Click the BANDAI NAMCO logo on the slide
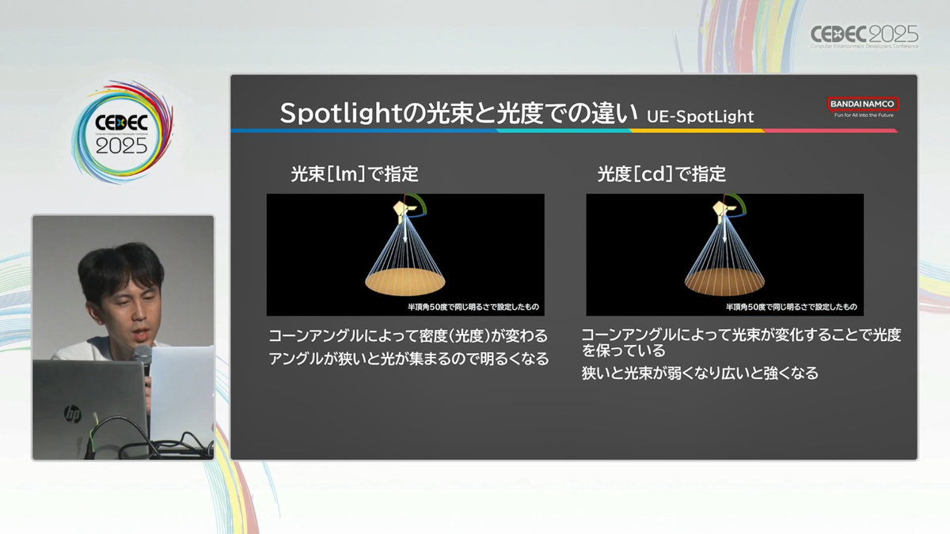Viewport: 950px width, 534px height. click(x=863, y=104)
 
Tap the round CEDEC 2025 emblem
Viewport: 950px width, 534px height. click(x=122, y=132)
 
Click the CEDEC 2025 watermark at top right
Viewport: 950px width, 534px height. click(x=864, y=36)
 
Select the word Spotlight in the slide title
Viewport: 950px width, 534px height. click(x=340, y=114)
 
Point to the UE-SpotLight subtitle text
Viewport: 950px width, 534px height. click(x=700, y=116)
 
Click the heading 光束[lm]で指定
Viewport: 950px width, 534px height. click(x=355, y=174)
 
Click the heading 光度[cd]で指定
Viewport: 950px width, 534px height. click(x=662, y=174)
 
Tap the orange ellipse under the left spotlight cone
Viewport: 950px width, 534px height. click(x=405, y=282)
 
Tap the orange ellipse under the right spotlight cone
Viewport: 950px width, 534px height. click(x=724, y=282)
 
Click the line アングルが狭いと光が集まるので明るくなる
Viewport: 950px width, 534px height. click(x=408, y=359)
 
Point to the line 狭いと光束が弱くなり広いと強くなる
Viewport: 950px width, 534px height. click(x=700, y=373)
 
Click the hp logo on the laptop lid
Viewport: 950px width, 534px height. click(x=72, y=414)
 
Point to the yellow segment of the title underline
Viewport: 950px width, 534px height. click(x=697, y=131)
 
